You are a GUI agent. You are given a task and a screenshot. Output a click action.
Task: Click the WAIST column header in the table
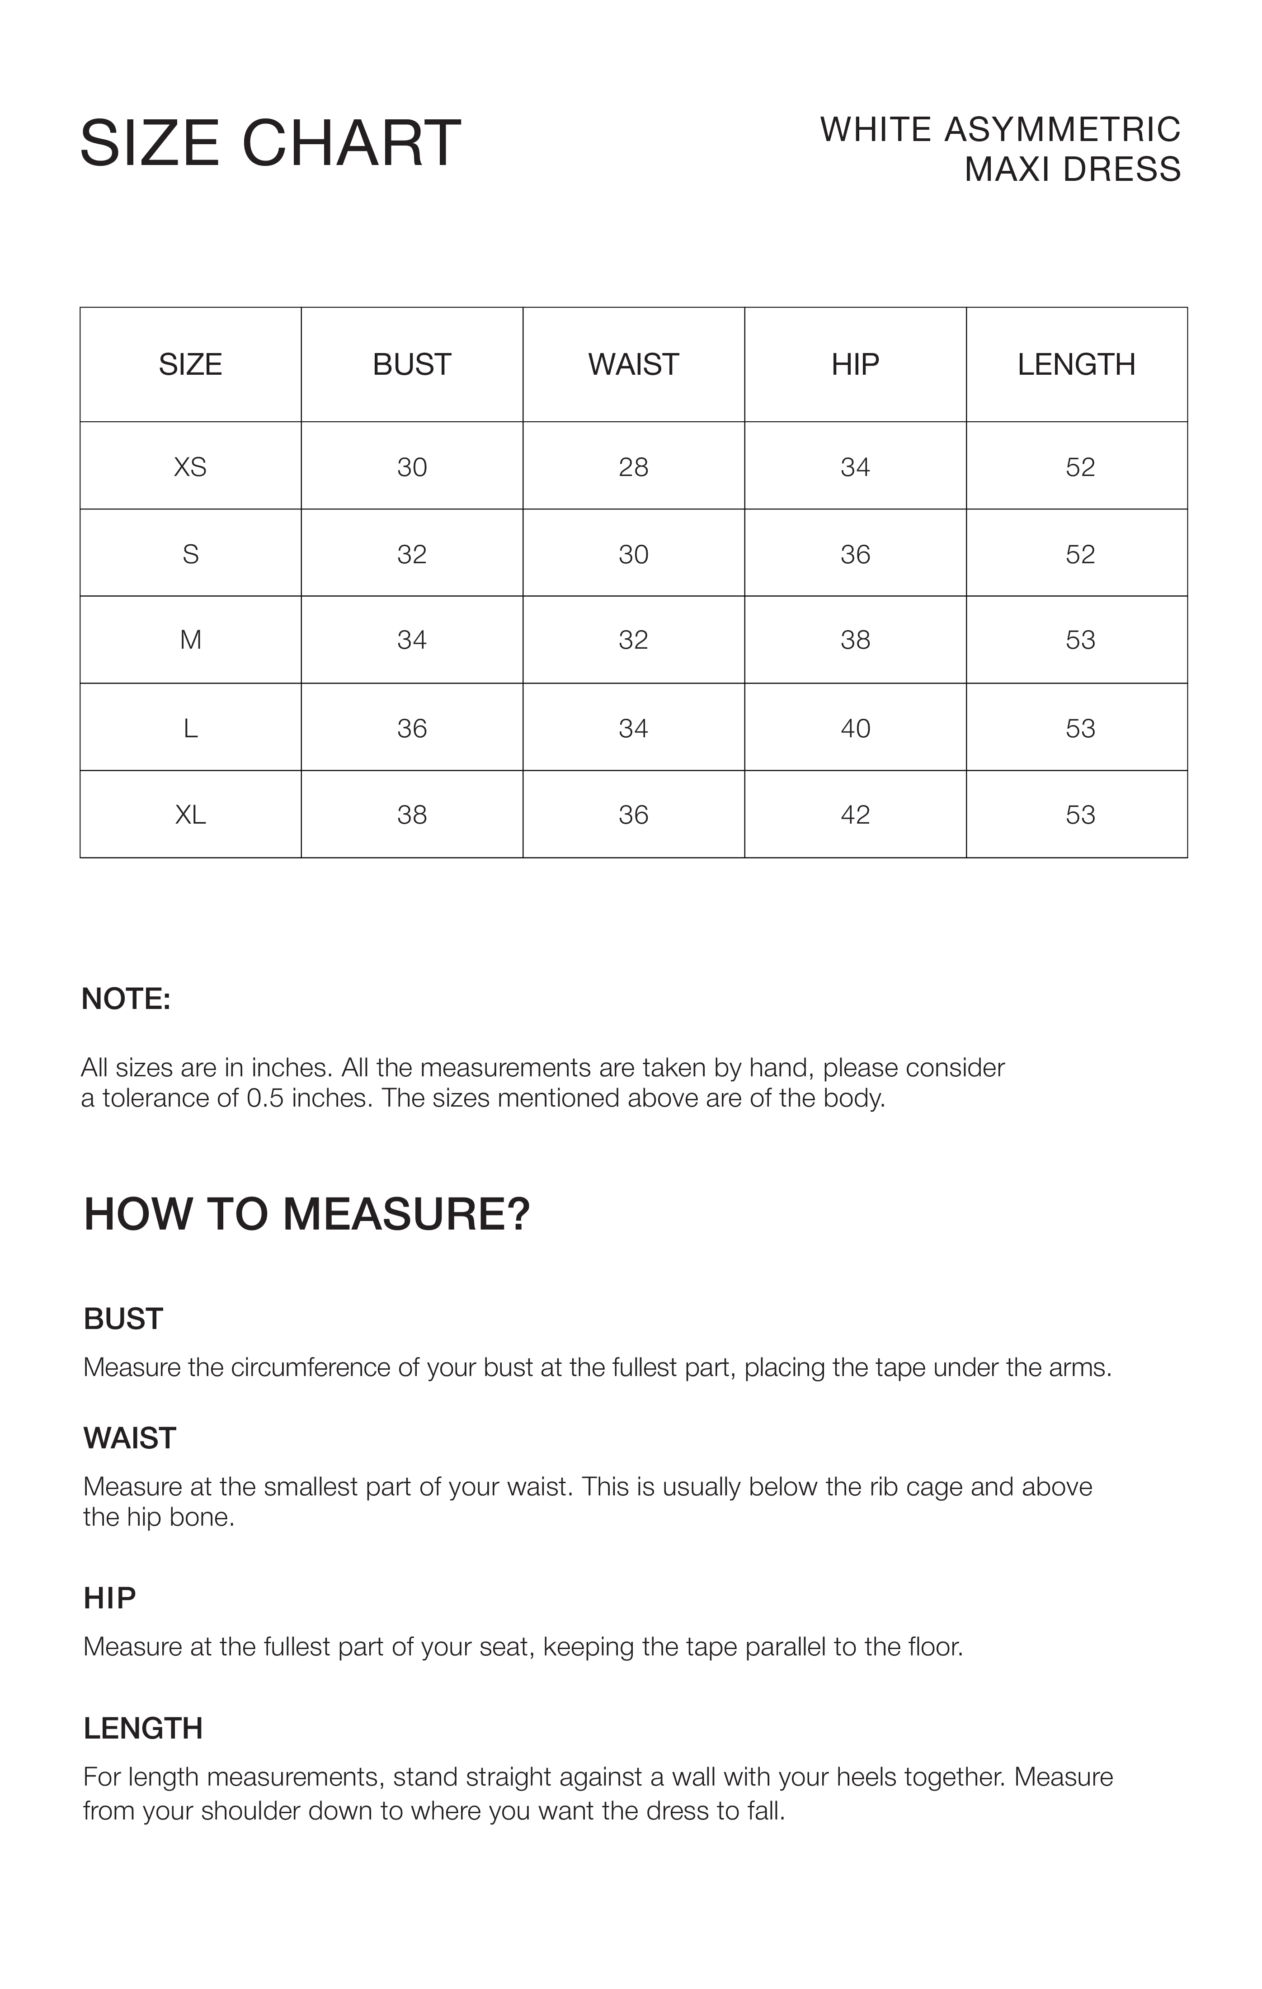click(x=633, y=364)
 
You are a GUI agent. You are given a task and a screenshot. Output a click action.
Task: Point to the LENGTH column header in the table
click(x=1076, y=364)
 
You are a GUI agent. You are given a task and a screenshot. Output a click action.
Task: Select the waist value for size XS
click(x=633, y=467)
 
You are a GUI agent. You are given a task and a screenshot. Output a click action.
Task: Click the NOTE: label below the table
click(x=126, y=999)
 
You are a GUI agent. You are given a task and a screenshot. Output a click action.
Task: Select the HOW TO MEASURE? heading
click(x=306, y=1214)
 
